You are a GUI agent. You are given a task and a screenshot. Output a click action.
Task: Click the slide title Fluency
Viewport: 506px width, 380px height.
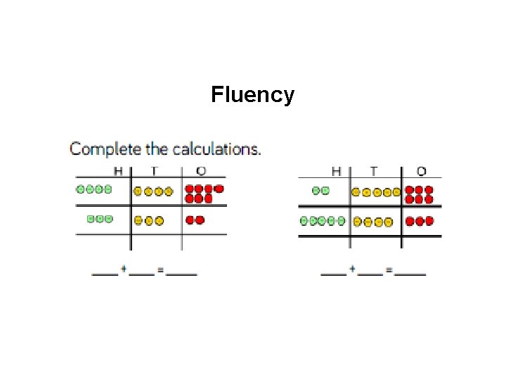(252, 94)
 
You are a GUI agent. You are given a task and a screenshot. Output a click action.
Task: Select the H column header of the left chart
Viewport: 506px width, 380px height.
(119, 171)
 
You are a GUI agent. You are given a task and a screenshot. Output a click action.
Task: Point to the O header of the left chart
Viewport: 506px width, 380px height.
(201, 171)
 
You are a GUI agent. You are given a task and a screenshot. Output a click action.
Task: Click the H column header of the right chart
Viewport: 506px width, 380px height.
(336, 171)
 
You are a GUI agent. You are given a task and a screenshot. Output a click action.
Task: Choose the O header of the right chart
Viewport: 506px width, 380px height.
(421, 171)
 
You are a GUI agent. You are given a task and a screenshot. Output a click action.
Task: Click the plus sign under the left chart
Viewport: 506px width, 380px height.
(124, 270)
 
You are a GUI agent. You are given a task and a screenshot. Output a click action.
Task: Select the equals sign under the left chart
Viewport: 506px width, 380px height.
(160, 271)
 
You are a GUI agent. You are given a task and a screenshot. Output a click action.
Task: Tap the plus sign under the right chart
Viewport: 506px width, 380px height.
(351, 270)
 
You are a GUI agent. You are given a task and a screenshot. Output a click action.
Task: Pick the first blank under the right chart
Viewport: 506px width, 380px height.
(333, 273)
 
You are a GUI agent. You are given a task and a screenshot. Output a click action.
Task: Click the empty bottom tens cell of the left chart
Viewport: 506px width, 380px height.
(156, 241)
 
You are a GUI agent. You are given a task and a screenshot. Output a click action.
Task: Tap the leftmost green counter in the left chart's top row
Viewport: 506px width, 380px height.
(81, 189)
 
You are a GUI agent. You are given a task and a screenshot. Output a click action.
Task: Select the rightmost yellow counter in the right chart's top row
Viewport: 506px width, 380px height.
(396, 191)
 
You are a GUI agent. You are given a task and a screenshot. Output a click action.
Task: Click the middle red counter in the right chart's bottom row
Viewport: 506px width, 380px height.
(420, 221)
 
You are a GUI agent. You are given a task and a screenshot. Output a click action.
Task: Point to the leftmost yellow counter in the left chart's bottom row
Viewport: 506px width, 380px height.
(139, 220)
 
